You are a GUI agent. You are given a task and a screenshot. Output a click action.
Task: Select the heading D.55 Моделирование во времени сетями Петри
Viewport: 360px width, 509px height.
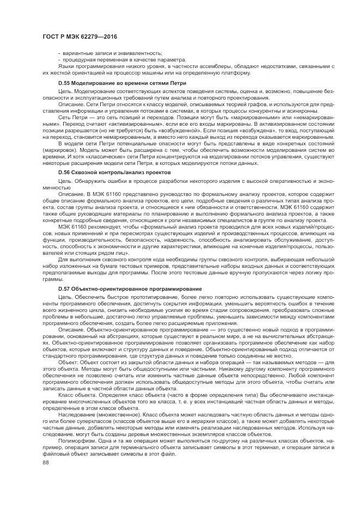coord(122,83)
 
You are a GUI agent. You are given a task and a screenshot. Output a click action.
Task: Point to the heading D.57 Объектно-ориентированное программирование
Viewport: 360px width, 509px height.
coord(130,288)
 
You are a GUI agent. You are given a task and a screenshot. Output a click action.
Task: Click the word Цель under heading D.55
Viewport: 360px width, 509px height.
coord(65,91)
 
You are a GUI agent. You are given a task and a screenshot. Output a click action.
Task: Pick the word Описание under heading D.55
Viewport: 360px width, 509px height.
coord(70,103)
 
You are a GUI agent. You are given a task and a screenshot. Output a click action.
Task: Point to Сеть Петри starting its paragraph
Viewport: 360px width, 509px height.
coord(71,115)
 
